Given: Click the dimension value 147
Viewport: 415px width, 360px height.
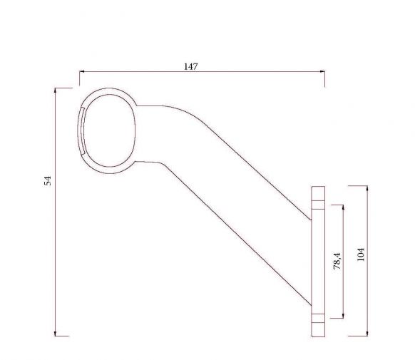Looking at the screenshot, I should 190,66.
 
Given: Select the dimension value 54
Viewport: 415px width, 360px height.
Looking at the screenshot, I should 48,180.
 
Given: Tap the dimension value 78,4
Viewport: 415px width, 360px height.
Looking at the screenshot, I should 337,261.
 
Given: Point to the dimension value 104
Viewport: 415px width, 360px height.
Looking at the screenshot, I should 361,254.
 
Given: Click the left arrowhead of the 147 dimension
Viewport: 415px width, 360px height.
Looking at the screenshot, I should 81,72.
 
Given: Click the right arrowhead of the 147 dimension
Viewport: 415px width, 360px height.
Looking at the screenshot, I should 324,72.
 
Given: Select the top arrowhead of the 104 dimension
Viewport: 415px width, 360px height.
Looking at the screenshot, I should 367,187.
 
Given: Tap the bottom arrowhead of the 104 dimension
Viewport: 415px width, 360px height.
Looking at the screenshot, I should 367,334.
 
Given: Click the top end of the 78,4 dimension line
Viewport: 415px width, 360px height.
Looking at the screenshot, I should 344,206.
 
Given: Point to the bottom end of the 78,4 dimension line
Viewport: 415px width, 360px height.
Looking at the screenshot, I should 344,317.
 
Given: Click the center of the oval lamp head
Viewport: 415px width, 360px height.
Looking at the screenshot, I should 108,130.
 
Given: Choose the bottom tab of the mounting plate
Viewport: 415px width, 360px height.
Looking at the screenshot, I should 317,325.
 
